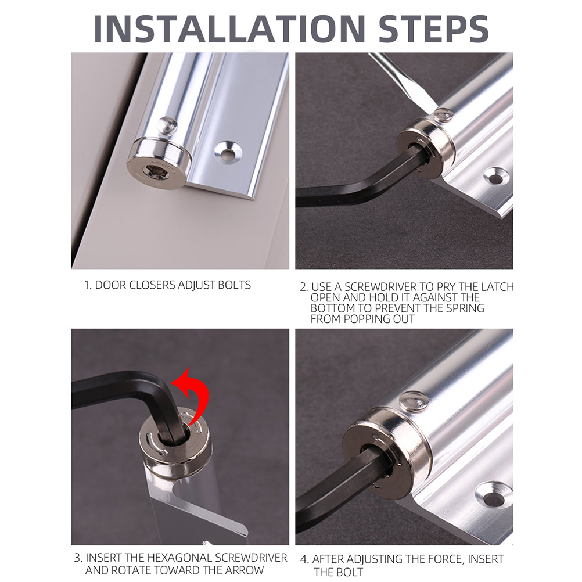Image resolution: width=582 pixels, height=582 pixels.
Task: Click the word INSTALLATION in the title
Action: click(x=230, y=29)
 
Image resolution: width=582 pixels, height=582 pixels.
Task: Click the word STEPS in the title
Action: click(x=433, y=29)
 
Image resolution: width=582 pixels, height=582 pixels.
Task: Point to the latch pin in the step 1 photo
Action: click(x=168, y=125)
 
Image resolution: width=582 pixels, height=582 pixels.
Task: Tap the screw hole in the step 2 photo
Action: click(x=496, y=177)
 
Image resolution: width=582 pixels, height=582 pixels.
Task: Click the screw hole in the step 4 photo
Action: click(x=494, y=495)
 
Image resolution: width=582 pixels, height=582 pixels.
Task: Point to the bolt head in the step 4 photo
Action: click(x=414, y=401)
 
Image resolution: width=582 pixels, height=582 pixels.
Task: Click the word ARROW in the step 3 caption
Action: click(x=246, y=570)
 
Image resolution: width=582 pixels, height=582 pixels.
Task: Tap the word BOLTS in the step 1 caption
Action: click(x=234, y=285)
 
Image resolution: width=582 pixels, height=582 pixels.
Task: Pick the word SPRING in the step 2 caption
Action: click(x=465, y=308)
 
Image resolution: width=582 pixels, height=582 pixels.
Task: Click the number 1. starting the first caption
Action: click(x=88, y=285)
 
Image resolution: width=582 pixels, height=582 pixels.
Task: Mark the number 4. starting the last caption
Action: click(x=304, y=559)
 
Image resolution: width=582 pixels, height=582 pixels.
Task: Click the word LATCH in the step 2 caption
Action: click(x=497, y=287)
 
